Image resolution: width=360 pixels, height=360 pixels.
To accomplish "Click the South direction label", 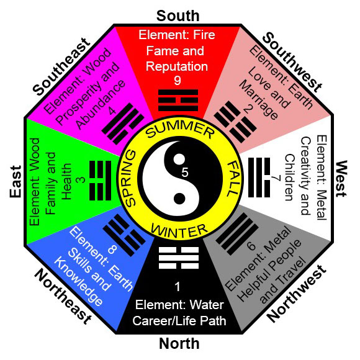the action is (x=178, y=16).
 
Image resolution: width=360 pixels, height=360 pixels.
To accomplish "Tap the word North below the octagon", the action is (x=179, y=344).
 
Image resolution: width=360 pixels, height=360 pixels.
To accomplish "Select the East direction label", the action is (x=16, y=182).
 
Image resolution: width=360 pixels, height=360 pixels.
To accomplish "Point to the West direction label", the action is (x=341, y=179).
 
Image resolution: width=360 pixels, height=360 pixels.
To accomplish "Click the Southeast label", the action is (x=61, y=67).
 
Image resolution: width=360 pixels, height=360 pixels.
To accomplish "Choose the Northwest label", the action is (x=297, y=294).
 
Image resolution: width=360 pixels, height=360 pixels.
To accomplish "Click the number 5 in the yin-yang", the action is (x=185, y=173).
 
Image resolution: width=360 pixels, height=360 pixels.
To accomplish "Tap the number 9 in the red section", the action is (x=178, y=81).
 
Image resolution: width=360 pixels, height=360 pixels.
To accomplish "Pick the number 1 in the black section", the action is (x=178, y=287).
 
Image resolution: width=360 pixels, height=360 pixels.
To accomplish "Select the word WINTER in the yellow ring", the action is (x=179, y=231).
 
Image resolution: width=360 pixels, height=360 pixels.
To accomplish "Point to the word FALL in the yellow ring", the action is (x=233, y=179).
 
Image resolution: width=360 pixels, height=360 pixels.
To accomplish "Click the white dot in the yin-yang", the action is (x=179, y=159).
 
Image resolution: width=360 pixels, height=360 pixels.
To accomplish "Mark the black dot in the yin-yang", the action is (x=179, y=199).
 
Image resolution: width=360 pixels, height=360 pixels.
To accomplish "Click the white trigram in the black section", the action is (x=179, y=258).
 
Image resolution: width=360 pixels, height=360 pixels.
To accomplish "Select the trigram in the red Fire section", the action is (x=178, y=101).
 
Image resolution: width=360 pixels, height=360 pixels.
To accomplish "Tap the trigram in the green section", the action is (x=100, y=181).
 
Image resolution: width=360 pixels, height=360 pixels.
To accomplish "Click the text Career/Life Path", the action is (x=179, y=321).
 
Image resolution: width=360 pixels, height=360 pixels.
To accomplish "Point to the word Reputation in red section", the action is (x=177, y=66).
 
